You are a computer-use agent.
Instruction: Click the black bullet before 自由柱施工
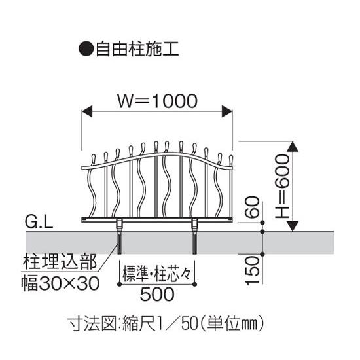click(x=86, y=49)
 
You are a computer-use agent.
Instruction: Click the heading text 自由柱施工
click(x=137, y=49)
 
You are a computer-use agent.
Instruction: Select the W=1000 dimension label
click(x=157, y=101)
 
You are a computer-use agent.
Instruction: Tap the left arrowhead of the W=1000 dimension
click(x=87, y=111)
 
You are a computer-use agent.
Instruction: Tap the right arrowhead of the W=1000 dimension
click(x=227, y=111)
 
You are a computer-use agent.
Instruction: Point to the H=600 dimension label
click(x=282, y=186)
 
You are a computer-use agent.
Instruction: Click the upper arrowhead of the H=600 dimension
click(x=293, y=147)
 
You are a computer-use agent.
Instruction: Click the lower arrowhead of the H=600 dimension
click(x=293, y=226)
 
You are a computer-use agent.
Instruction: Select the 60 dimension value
click(x=252, y=207)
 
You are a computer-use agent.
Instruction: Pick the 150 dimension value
click(x=252, y=270)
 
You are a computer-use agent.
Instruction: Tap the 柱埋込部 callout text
click(x=60, y=262)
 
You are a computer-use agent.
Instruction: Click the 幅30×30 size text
click(x=60, y=283)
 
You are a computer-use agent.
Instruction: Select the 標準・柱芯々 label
click(x=157, y=274)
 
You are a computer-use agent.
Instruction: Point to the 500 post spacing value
click(x=157, y=294)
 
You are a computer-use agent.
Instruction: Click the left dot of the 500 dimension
click(x=119, y=285)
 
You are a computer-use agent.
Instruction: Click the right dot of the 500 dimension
click(x=194, y=285)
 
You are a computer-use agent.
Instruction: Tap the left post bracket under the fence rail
click(x=119, y=225)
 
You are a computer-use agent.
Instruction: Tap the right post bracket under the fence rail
click(x=194, y=225)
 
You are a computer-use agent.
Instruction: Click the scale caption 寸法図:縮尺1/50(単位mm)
click(x=166, y=323)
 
